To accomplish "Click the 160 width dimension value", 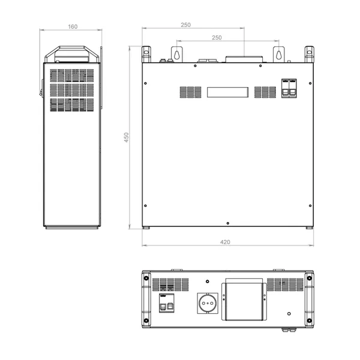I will tap(73, 28).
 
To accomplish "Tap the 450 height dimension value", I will tap(126, 138).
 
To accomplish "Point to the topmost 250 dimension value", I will tap(185, 25).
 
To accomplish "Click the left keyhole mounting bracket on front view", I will tap(176, 53).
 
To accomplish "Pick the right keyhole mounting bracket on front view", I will tap(279, 53).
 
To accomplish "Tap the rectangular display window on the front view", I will tap(227, 92).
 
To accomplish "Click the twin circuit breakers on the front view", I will tap(289, 88).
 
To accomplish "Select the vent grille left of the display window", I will tap(190, 92).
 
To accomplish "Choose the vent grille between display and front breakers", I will tap(265, 92).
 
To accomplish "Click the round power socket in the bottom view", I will tap(207, 304).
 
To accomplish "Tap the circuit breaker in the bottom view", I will tap(166, 304).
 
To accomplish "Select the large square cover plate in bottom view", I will tap(245, 301).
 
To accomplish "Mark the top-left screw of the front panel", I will tap(146, 83).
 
